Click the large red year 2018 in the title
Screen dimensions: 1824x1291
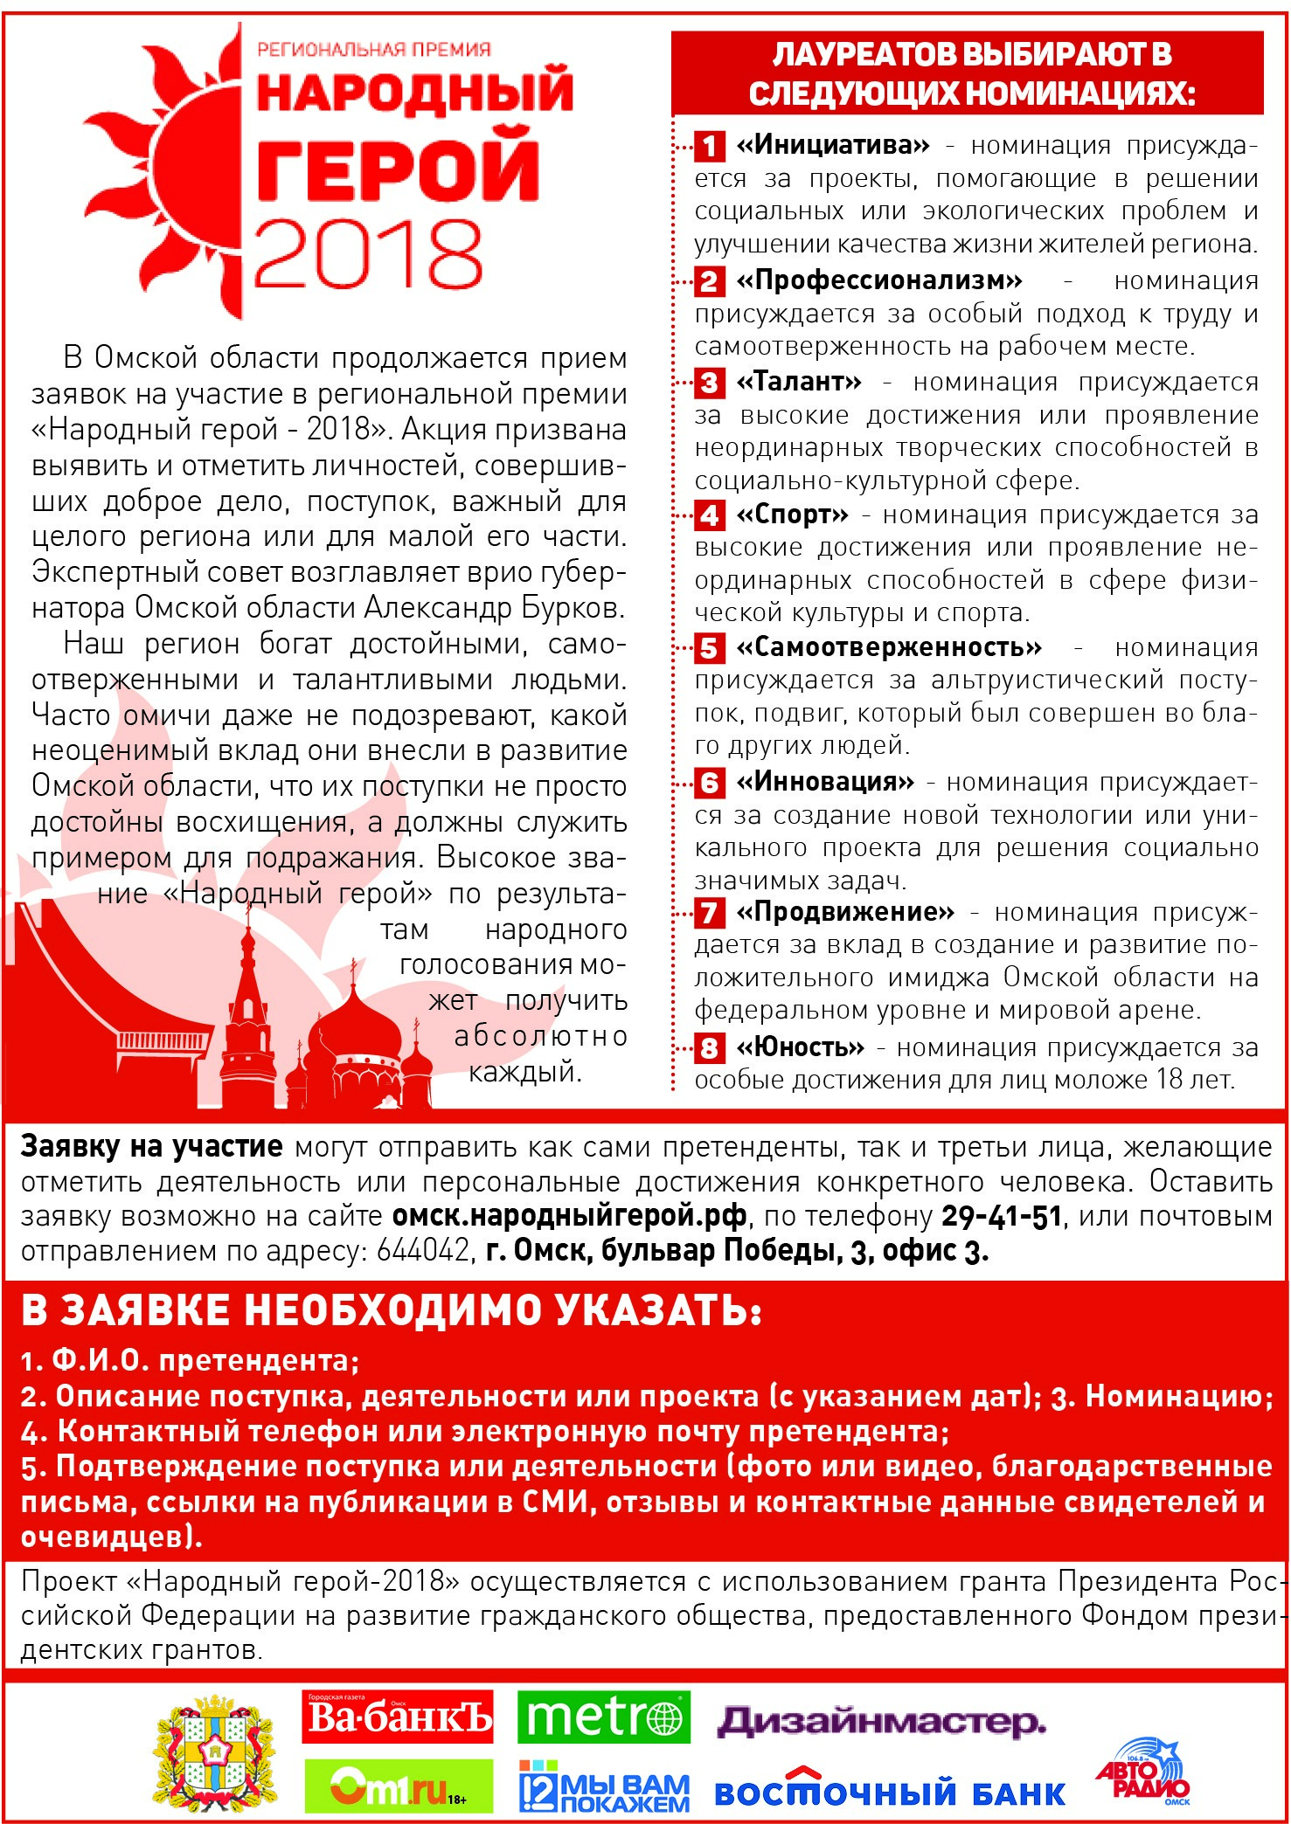367,254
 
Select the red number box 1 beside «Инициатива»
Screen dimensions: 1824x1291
709,146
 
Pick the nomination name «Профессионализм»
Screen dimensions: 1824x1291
878,280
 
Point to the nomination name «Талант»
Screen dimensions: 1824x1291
799,382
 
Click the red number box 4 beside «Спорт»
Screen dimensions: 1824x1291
709,515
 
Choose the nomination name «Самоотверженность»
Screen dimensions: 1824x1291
889,647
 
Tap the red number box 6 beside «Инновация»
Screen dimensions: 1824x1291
709,782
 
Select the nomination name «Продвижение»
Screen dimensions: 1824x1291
845,913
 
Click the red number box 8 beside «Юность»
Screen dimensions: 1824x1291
709,1047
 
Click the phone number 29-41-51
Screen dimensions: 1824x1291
1002,1216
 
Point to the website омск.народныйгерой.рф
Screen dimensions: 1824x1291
569,1216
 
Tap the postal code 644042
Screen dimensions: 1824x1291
424,1251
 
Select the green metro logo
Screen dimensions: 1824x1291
603,1717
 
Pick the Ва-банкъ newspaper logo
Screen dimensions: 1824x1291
398,1717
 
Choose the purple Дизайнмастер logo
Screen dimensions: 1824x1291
881,1721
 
